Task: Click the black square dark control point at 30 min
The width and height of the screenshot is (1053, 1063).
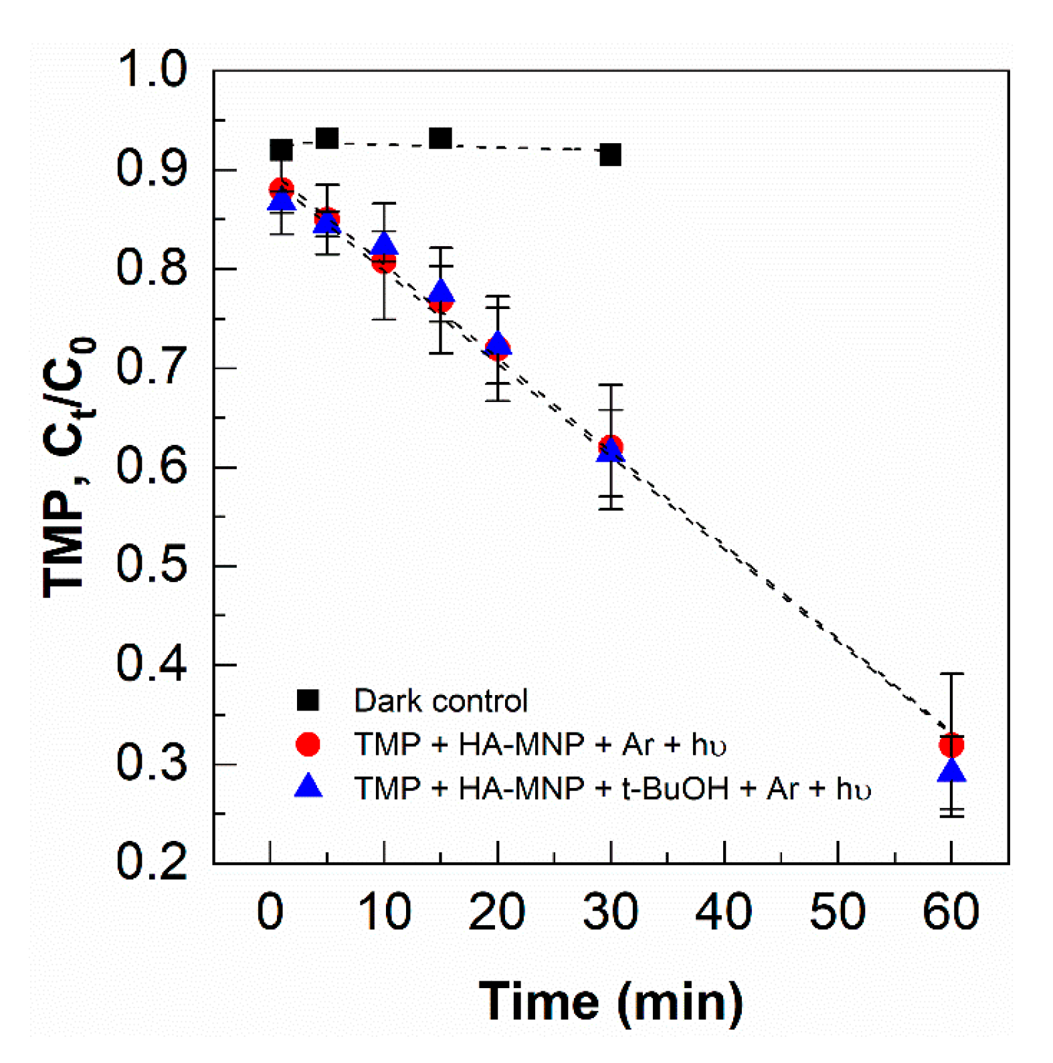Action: [x=609, y=155]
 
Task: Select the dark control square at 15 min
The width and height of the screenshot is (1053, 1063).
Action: [x=440, y=138]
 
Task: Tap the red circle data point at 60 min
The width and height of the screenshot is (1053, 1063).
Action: [x=951, y=744]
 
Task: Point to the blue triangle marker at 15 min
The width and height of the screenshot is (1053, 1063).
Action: [x=441, y=292]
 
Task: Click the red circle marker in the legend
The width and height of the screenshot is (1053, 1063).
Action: [x=308, y=744]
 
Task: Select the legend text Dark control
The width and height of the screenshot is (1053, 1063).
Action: [x=440, y=700]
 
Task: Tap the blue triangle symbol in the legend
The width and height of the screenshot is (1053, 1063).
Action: [x=308, y=787]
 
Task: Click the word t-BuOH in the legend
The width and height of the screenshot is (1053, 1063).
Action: [x=676, y=788]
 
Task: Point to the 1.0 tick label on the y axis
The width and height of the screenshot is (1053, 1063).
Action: [x=151, y=70]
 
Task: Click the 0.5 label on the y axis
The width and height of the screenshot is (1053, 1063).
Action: [x=151, y=565]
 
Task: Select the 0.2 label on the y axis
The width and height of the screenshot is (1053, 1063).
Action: [x=151, y=862]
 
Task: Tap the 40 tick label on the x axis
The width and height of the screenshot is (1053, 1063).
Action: [x=723, y=912]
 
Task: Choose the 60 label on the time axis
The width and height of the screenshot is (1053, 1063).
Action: [x=951, y=912]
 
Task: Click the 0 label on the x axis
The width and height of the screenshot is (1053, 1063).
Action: [x=270, y=912]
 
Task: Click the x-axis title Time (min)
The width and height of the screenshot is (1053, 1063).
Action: [x=610, y=1001]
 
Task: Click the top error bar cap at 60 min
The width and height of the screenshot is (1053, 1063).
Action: [x=951, y=674]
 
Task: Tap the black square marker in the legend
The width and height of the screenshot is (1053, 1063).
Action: [x=308, y=700]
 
